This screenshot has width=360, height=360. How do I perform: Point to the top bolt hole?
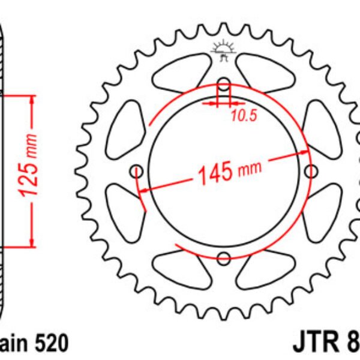pyautogui.click(x=224, y=83)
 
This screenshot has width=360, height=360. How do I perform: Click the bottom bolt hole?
pyautogui.click(x=224, y=259)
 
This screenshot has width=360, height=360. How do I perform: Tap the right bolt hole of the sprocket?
pyautogui.click(x=311, y=171)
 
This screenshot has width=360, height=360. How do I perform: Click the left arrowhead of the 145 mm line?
pyautogui.click(x=144, y=189)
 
